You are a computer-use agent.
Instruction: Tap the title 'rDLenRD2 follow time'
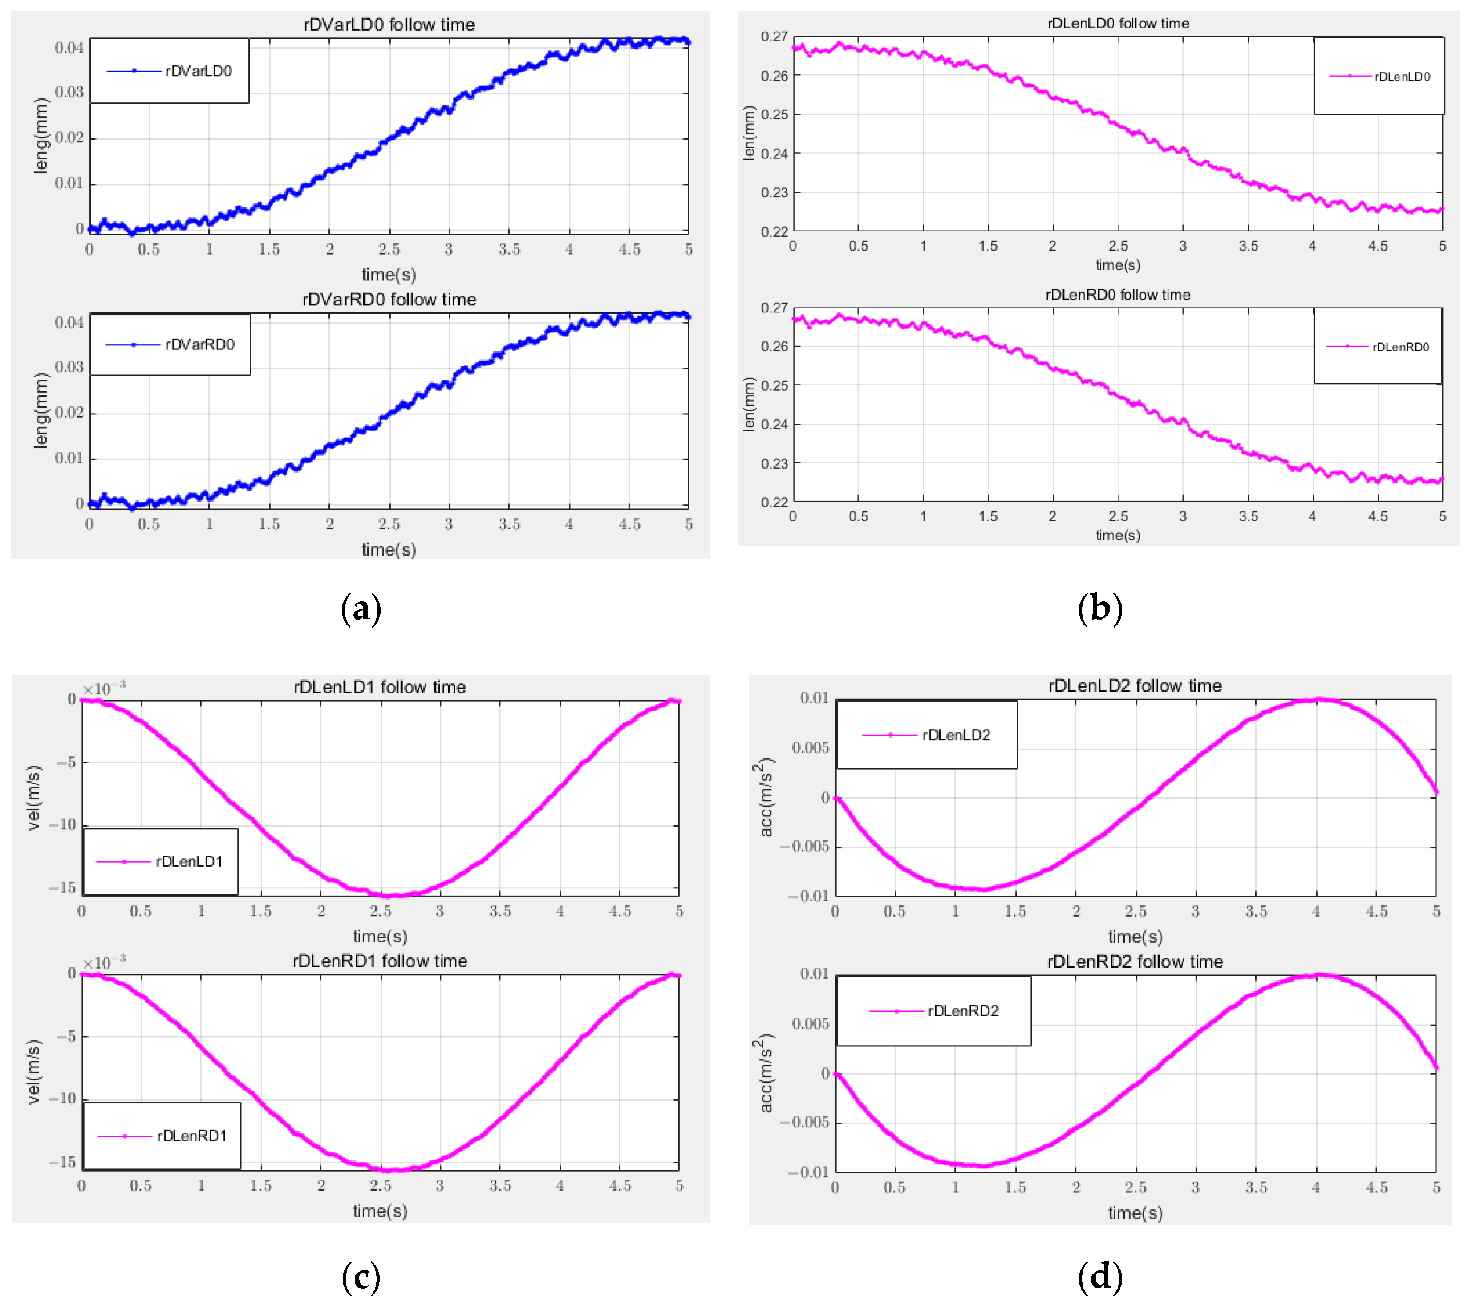[x=1135, y=961]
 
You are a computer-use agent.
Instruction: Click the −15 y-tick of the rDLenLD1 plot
[x=62, y=888]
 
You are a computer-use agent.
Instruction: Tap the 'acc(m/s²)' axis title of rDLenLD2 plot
[x=766, y=797]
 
